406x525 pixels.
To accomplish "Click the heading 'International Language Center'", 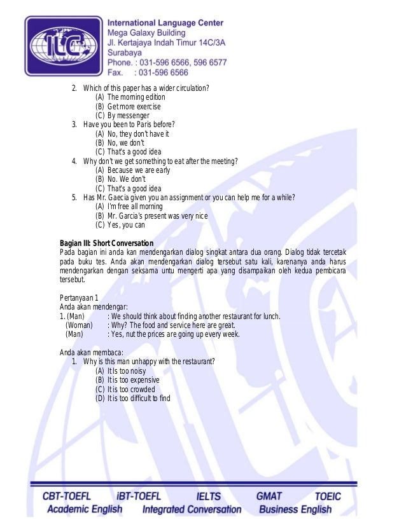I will click(165, 23).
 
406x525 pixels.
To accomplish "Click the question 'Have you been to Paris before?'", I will click(129, 125).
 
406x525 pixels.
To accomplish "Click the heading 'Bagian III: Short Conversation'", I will click(106, 243).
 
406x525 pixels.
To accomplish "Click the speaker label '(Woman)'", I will click(79, 325).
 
